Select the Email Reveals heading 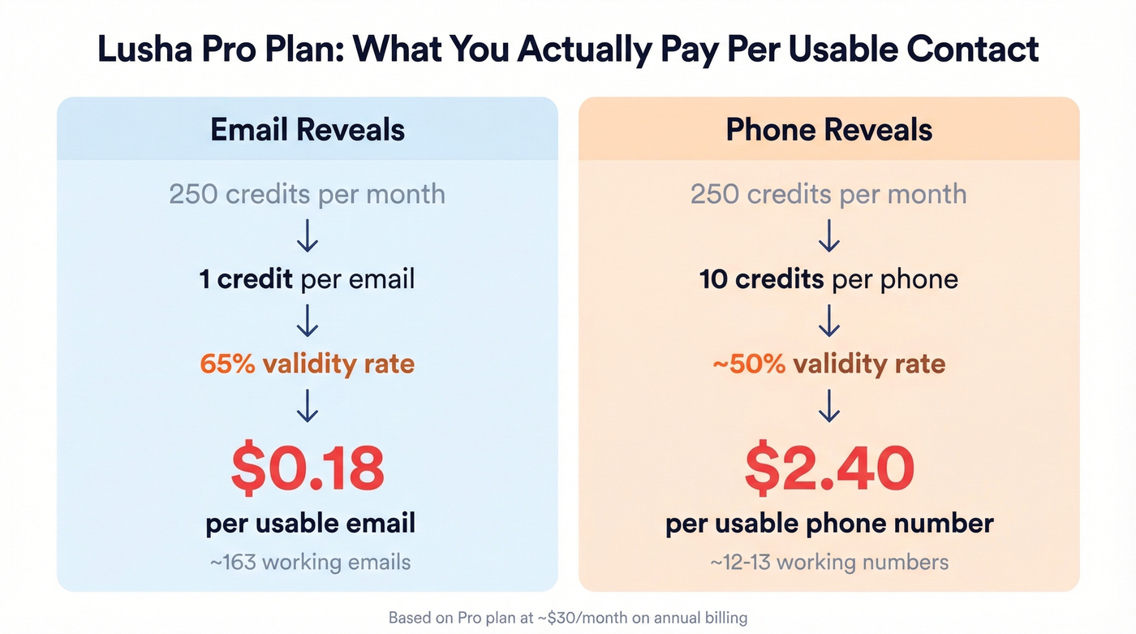(x=308, y=130)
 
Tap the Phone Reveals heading (x=828, y=130)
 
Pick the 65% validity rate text (x=308, y=363)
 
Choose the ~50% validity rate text (x=828, y=363)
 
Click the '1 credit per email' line (x=308, y=279)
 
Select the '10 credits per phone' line (x=828, y=279)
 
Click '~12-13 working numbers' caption (x=828, y=562)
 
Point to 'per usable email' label (x=310, y=523)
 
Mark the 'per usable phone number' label (x=828, y=523)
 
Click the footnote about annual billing (x=567, y=618)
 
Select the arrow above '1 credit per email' (x=308, y=237)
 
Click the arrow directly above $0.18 (x=308, y=405)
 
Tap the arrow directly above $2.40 (x=828, y=405)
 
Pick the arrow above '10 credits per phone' (x=828, y=237)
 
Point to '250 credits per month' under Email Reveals (x=308, y=195)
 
